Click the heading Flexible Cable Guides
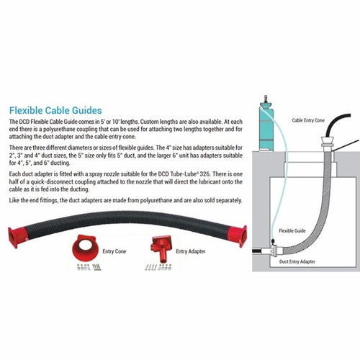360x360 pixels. click(x=55, y=110)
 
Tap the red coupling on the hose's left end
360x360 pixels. click(x=17, y=237)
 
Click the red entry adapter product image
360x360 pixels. click(x=161, y=248)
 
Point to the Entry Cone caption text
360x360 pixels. click(x=114, y=251)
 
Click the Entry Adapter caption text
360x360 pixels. click(x=191, y=251)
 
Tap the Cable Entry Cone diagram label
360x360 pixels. click(x=308, y=120)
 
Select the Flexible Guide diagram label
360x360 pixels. click(x=292, y=231)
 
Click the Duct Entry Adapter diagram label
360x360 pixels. click(x=297, y=261)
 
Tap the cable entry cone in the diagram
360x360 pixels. click(x=328, y=143)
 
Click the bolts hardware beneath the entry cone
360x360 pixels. click(x=89, y=267)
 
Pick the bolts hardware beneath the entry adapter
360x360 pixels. click(x=158, y=267)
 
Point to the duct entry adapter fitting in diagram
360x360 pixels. click(x=274, y=251)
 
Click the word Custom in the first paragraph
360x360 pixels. click(x=149, y=122)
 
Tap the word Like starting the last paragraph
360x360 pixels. click(x=14, y=200)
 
